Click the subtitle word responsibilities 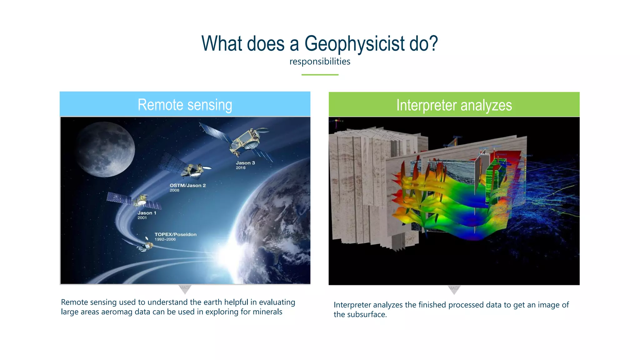320,62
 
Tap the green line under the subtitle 320,75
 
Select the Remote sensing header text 185,105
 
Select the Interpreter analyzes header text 454,105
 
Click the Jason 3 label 245,163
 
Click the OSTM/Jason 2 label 187,185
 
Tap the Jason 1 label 147,213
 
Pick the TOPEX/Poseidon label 175,234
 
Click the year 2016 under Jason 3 241,168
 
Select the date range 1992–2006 165,239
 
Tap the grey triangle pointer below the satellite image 185,289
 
